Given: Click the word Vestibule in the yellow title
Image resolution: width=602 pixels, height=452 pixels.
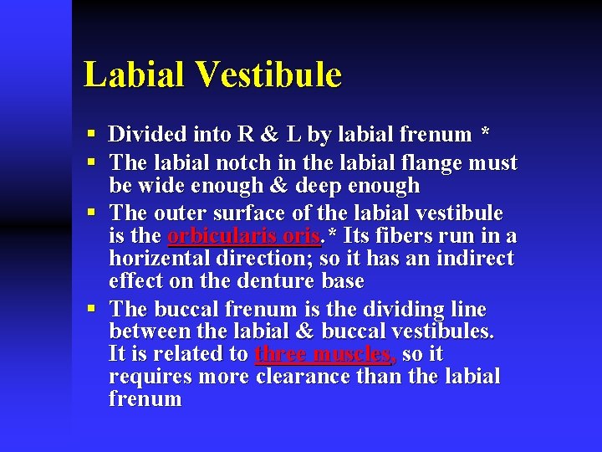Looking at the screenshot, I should (x=270, y=74).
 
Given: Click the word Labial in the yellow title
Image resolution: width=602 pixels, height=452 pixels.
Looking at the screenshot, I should (x=135, y=74).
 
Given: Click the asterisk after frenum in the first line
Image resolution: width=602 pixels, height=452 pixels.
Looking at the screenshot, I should (x=486, y=135).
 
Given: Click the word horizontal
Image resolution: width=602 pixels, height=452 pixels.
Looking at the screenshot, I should (x=161, y=259).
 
